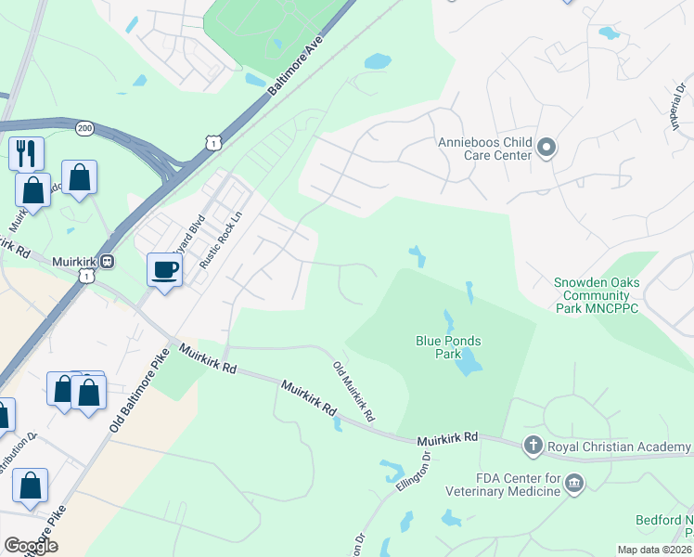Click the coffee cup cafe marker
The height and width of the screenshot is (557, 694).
click(165, 270)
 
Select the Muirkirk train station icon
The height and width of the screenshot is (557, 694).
click(109, 262)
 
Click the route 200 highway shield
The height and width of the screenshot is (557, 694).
click(85, 129)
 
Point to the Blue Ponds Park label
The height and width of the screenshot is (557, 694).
click(448, 347)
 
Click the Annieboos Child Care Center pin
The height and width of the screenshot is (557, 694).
click(546, 148)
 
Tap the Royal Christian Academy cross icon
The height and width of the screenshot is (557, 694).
click(533, 447)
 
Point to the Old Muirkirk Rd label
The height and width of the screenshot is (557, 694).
click(353, 389)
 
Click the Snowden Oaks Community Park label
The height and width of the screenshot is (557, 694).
click(598, 296)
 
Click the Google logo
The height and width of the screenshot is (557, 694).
click(31, 546)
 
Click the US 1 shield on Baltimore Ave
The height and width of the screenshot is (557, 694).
click(214, 142)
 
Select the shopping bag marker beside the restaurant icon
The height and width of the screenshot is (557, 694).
click(33, 190)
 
